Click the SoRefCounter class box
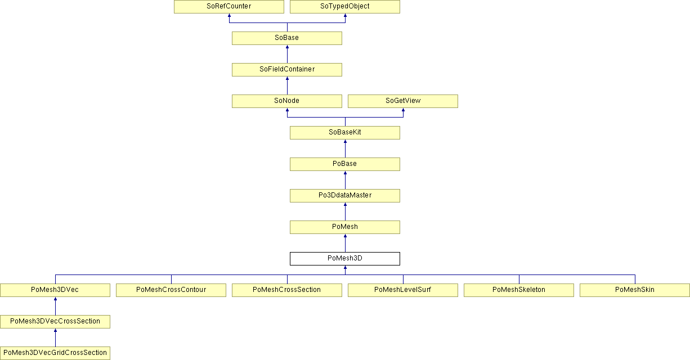tap(229, 6)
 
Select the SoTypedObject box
tap(345, 6)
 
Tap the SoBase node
tap(287, 38)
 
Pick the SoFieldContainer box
tap(287, 70)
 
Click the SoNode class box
tap(287, 101)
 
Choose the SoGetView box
tap(403, 101)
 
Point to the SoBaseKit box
tap(345, 133)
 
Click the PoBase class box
tap(345, 164)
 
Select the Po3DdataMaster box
tap(345, 196)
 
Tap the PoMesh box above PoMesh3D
tap(345, 227)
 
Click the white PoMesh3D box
tap(345, 259)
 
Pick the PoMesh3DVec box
tap(55, 290)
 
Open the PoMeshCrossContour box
tap(171, 290)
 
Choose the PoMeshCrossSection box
tap(287, 290)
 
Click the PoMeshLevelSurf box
tap(403, 290)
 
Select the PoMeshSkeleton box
tap(519, 290)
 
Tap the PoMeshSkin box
tap(634, 290)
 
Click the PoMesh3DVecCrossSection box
tap(55, 322)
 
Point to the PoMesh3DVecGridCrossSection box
tap(55, 353)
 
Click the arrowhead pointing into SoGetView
tap(403, 110)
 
